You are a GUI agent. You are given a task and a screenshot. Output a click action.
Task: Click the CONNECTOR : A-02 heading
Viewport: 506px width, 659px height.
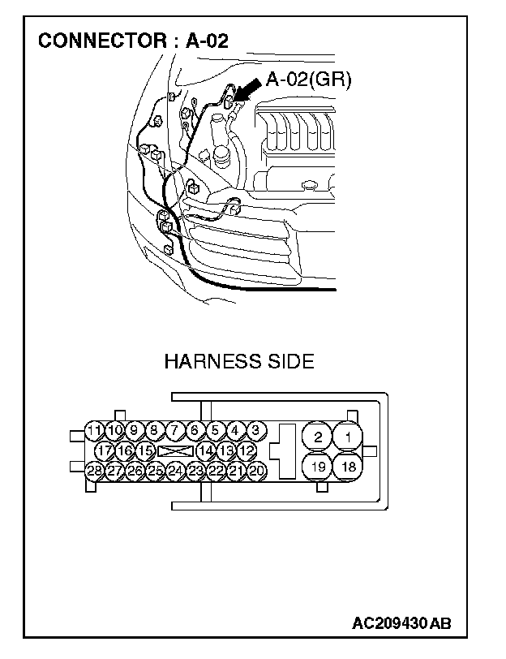(x=134, y=41)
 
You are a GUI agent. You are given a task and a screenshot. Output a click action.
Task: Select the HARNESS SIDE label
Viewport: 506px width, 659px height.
(x=238, y=361)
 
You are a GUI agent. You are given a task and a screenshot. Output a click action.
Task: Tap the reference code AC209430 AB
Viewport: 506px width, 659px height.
(x=401, y=623)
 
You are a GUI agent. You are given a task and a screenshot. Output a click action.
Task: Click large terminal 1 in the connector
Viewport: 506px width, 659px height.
(x=348, y=437)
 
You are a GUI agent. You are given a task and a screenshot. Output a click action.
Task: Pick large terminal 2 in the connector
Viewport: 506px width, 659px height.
(x=318, y=437)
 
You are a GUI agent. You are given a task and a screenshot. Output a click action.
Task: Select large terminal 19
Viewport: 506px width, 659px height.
(x=318, y=467)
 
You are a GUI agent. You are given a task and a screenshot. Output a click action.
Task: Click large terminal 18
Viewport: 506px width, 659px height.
(x=348, y=467)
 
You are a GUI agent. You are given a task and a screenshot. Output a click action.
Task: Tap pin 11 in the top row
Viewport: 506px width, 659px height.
(x=96, y=430)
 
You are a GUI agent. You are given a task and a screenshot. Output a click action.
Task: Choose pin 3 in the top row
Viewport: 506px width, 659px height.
(x=255, y=430)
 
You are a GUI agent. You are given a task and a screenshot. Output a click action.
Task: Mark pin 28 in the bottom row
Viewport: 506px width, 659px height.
(x=95, y=470)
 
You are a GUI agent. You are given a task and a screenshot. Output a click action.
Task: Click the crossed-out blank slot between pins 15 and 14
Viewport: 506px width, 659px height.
(x=175, y=450)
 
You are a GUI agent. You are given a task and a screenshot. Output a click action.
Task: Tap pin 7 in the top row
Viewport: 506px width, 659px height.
(x=175, y=430)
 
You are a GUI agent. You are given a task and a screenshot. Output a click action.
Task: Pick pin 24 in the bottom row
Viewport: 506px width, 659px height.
(x=175, y=470)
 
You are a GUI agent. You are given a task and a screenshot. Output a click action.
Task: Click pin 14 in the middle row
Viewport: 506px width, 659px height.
(x=206, y=450)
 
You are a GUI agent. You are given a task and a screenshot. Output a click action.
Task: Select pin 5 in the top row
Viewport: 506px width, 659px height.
(x=215, y=430)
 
